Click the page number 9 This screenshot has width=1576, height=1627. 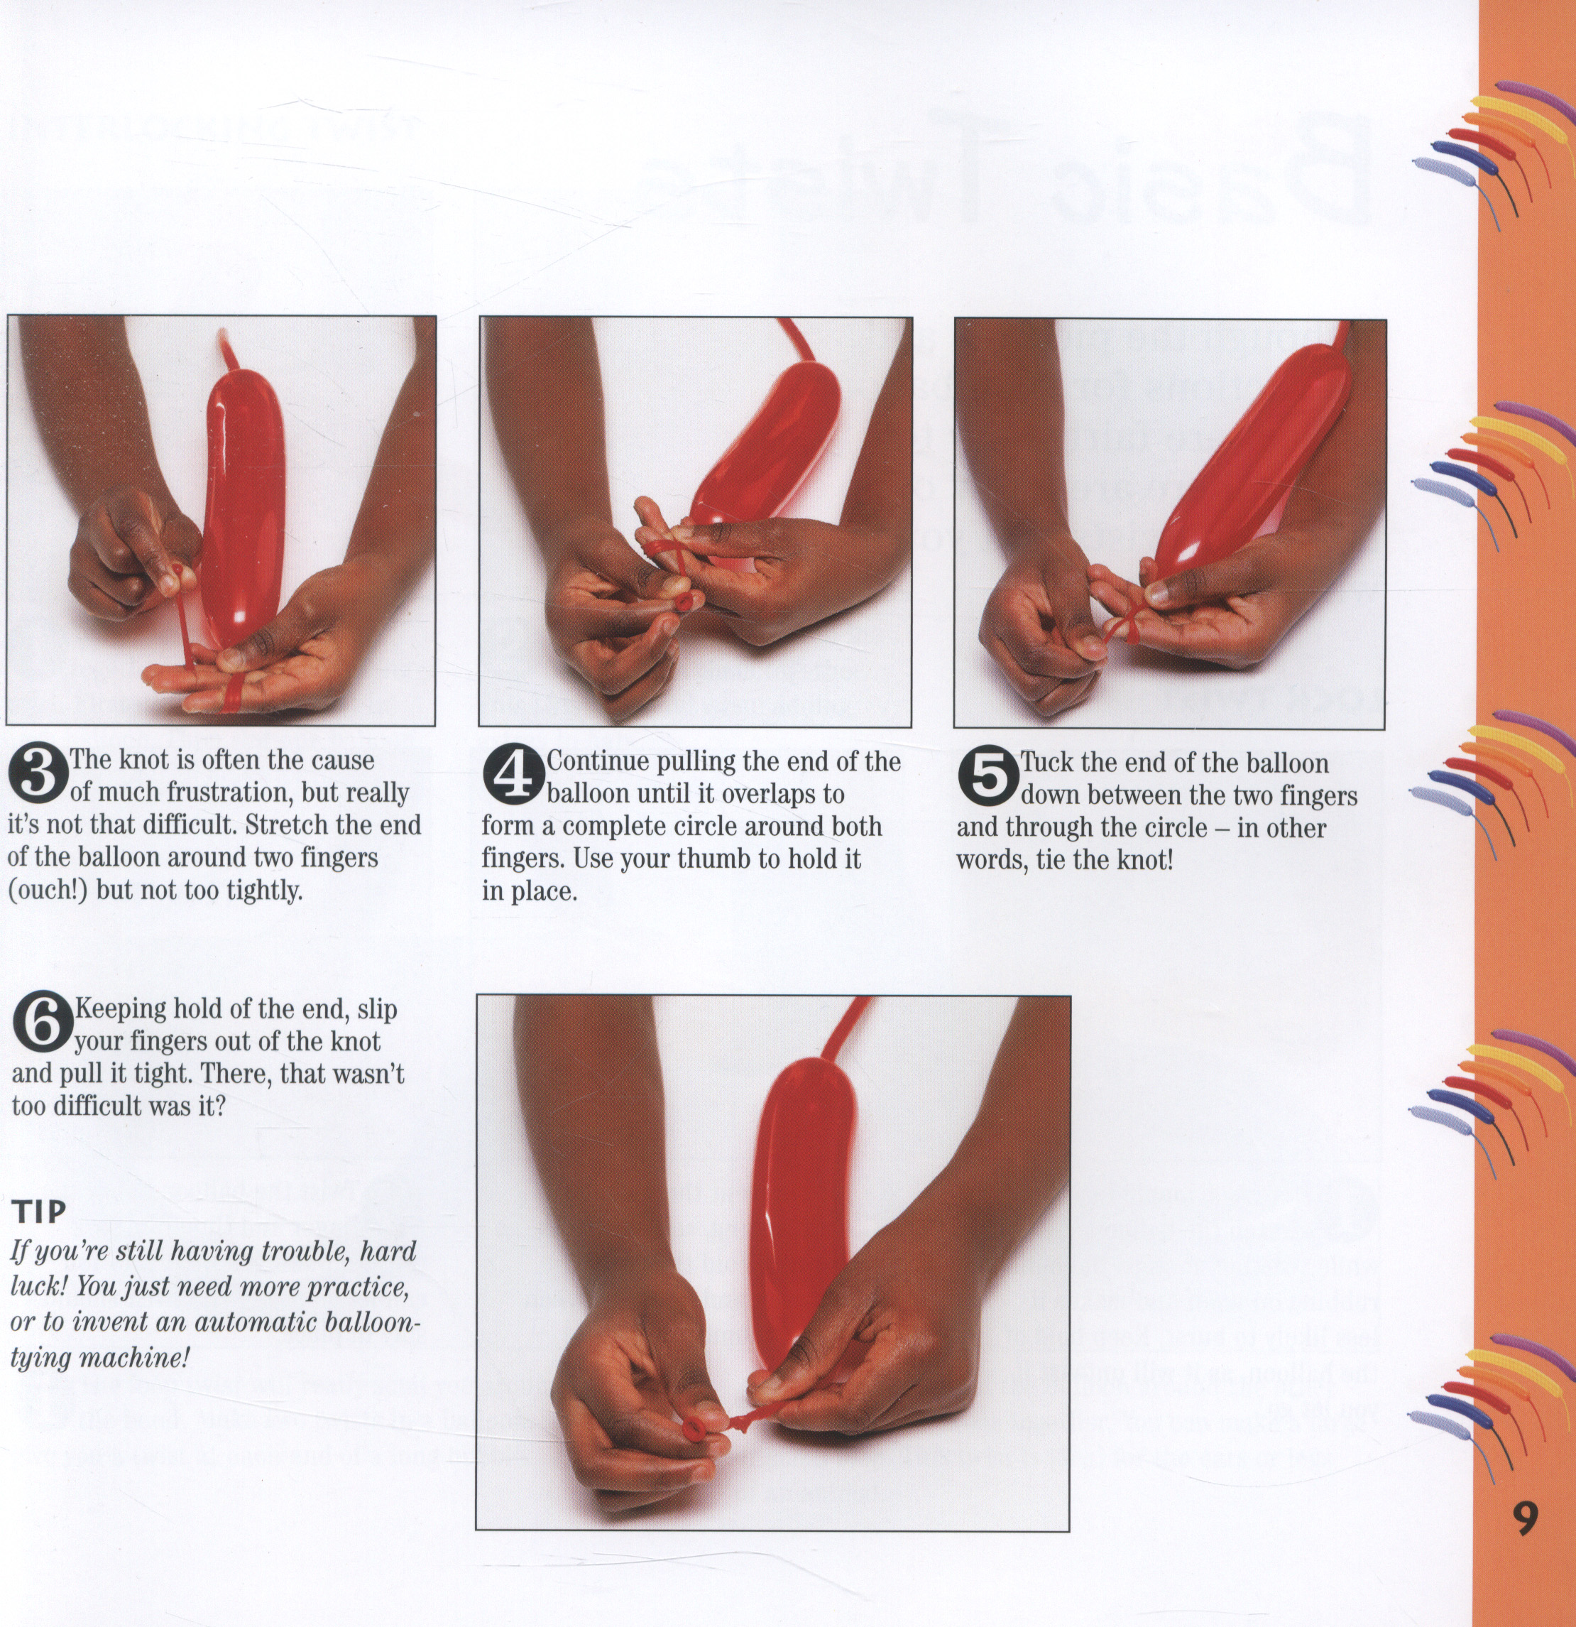pyautogui.click(x=1526, y=1518)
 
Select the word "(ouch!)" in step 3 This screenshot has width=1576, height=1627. pyautogui.click(x=48, y=891)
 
